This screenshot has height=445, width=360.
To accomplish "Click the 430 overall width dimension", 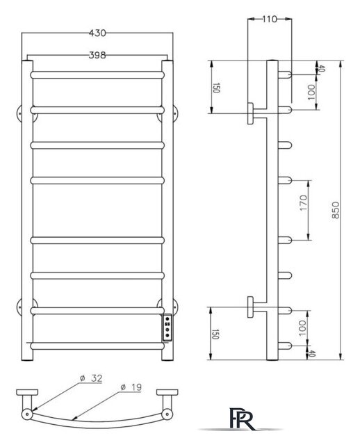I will (97, 33).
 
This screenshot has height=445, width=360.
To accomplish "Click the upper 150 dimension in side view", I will (217, 88).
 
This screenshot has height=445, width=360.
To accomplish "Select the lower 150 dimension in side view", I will (217, 334).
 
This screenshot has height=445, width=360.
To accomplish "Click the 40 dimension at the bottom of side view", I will (302, 353).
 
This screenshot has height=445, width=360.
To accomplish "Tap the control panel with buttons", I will (167, 327).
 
